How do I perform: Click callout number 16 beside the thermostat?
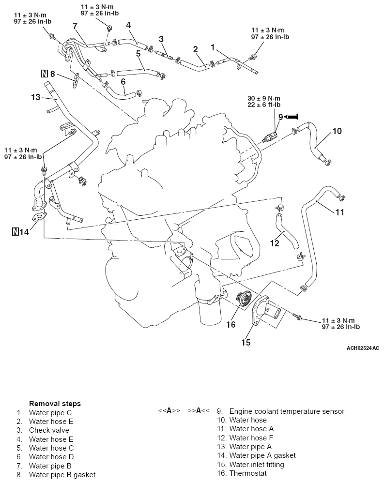[231, 324]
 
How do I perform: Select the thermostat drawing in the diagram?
[241, 302]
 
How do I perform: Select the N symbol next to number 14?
[15, 232]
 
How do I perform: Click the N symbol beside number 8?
[44, 74]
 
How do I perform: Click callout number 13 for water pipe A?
[36, 97]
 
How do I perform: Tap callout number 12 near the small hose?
[275, 243]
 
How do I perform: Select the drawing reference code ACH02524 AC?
[363, 348]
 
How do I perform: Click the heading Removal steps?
[55, 403]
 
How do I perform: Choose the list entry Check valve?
[49, 430]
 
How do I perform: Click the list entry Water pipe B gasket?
[62, 474]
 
